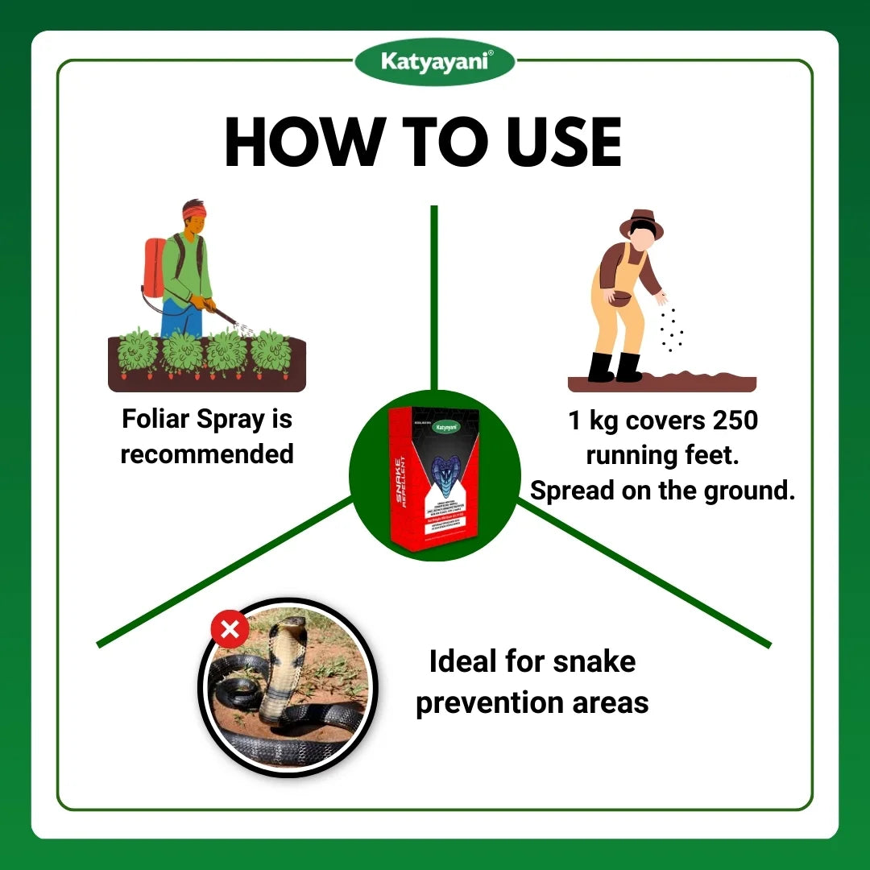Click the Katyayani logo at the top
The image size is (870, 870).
(x=435, y=61)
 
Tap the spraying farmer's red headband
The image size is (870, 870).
(x=193, y=211)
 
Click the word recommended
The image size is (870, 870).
(x=207, y=454)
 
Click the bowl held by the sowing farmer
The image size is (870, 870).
(x=620, y=298)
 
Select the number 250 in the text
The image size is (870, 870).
(x=731, y=421)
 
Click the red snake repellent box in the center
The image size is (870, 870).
(x=433, y=475)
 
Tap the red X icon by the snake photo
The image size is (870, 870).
(x=230, y=629)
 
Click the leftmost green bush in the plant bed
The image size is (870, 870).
(x=138, y=352)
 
